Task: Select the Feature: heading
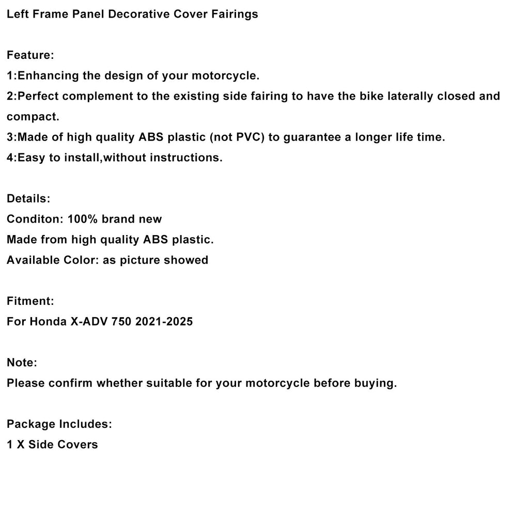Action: coord(30,55)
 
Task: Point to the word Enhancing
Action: coord(48,76)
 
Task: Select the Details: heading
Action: coord(28,198)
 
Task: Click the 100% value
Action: coord(83,219)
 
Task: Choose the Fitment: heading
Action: coord(30,301)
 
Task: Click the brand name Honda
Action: coord(47,321)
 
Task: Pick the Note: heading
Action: coord(22,363)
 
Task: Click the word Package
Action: coord(30,424)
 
